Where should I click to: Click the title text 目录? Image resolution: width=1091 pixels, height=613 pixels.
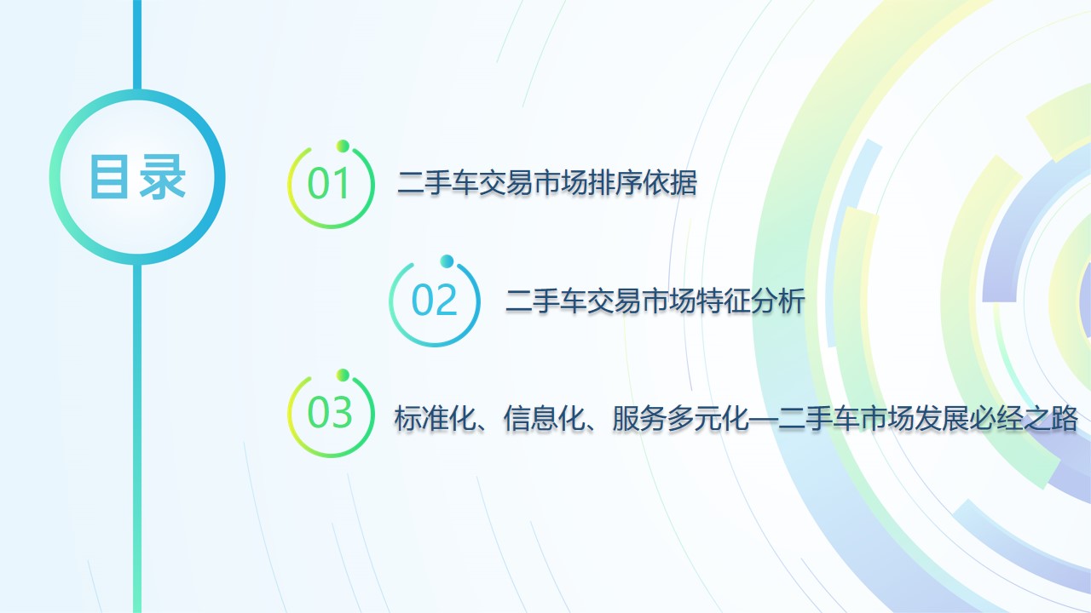coord(137,177)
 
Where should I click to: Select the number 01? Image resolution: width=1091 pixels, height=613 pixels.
coord(330,185)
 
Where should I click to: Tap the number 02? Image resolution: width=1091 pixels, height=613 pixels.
coord(435,301)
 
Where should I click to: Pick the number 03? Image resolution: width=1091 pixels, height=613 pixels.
coord(330,414)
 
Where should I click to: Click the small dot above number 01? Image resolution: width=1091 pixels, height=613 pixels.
coord(343,145)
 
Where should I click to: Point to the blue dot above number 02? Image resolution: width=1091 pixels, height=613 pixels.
coord(446,261)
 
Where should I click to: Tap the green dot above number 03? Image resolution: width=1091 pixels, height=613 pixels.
coord(343,375)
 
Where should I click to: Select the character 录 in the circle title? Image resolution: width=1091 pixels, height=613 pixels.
coord(163,177)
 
